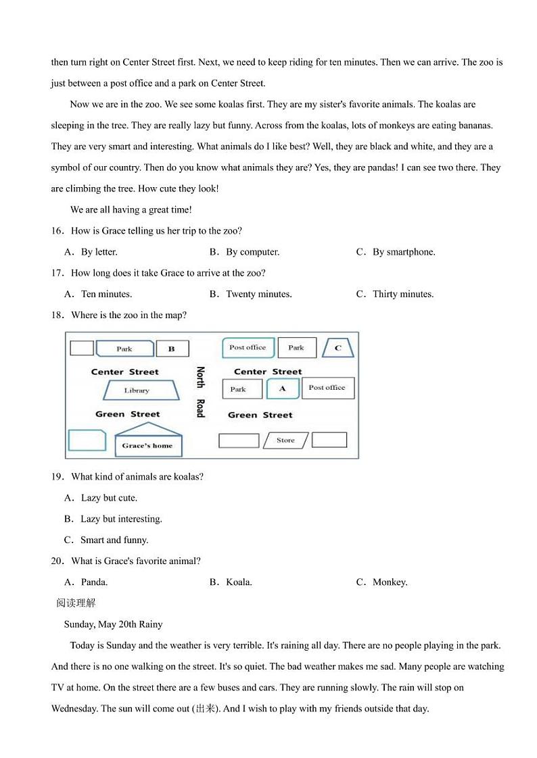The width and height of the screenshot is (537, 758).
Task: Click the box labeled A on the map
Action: click(283, 388)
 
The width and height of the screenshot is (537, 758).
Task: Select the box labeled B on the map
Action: click(172, 349)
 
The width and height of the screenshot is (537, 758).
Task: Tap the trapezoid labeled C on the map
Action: click(338, 348)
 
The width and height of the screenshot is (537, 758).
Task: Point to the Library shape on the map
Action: click(137, 390)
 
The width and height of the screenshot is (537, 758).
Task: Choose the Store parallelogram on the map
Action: click(285, 440)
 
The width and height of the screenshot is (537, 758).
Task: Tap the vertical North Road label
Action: click(200, 392)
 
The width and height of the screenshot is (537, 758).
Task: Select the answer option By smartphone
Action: click(404, 252)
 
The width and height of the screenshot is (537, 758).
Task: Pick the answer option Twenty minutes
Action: click(258, 294)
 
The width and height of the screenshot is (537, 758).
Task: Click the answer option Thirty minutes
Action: click(403, 294)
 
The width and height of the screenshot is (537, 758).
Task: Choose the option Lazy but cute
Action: click(109, 498)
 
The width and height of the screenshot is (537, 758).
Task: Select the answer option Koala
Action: click(239, 582)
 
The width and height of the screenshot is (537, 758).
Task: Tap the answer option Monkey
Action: click(390, 582)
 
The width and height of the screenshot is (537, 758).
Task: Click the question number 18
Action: click(57, 315)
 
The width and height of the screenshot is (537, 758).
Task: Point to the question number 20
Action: click(57, 561)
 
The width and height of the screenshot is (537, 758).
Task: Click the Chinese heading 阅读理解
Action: click(76, 603)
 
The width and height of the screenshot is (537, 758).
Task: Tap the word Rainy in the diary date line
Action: click(151, 624)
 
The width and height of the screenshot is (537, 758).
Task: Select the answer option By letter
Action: click(99, 252)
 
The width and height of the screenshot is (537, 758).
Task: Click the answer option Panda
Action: click(94, 582)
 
